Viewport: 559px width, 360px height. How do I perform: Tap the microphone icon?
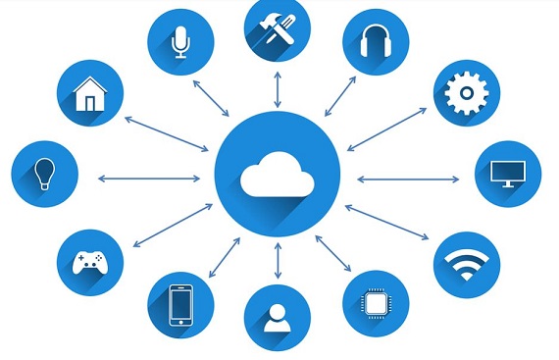[179, 42]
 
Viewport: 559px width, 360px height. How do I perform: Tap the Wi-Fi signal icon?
[467, 263]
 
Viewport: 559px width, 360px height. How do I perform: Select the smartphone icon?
[180, 304]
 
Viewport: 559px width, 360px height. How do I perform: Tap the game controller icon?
[91, 263]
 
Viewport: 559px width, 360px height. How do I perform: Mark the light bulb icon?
[44, 174]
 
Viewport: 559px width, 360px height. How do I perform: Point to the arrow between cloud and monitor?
[408, 179]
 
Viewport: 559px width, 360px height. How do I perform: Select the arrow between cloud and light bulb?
[148, 179]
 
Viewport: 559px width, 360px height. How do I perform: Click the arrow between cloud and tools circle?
[278, 88]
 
